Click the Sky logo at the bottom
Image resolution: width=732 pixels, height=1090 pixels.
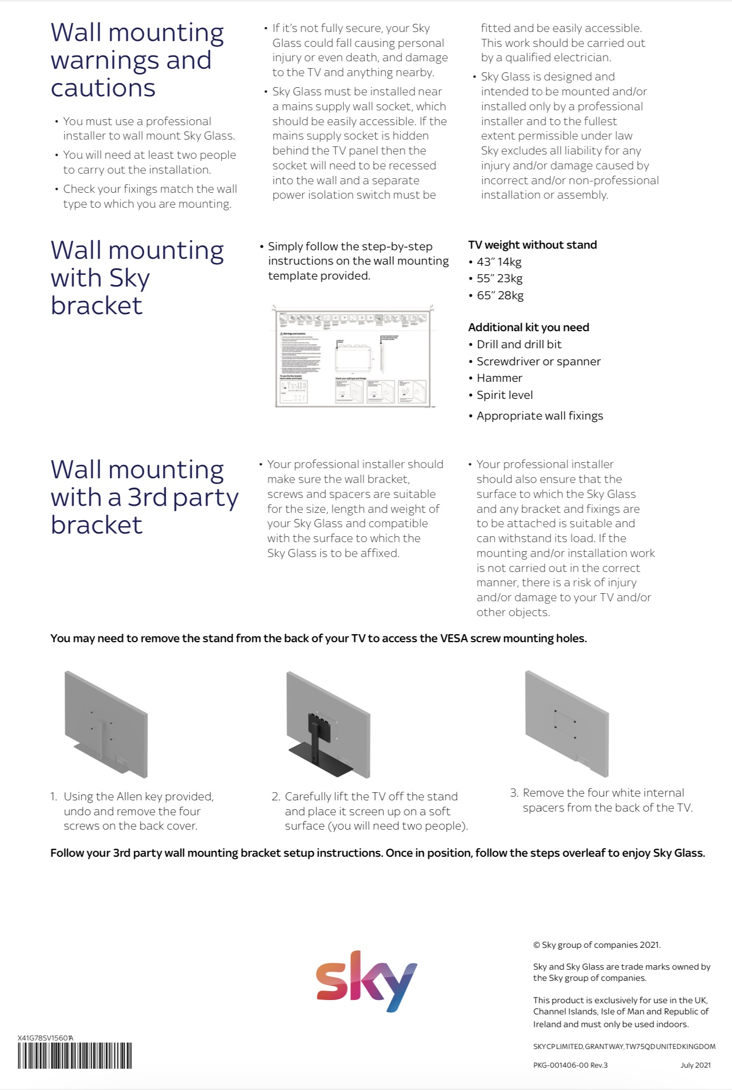pyautogui.click(x=366, y=981)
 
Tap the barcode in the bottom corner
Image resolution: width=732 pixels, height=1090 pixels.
pyautogui.click(x=75, y=1055)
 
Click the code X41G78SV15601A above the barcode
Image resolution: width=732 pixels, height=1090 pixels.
pyautogui.click(x=45, y=1038)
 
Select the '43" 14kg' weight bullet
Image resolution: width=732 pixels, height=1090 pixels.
pyautogui.click(x=499, y=262)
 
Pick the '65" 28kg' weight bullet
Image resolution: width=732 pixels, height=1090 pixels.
pyautogui.click(x=500, y=296)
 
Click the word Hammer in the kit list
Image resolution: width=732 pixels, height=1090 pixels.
pyautogui.click(x=499, y=378)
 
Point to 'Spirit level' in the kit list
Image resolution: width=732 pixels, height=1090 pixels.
pyautogui.click(x=505, y=395)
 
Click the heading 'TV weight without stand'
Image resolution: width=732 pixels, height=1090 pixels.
pyautogui.click(x=532, y=245)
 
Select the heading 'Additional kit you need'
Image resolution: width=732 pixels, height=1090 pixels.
pyautogui.click(x=529, y=327)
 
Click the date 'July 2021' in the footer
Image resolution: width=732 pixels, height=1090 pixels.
pyautogui.click(x=695, y=1065)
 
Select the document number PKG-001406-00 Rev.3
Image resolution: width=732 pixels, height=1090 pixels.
pyautogui.click(x=570, y=1065)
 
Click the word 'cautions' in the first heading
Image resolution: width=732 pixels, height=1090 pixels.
pyautogui.click(x=103, y=88)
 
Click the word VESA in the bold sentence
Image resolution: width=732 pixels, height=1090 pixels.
pyautogui.click(x=454, y=638)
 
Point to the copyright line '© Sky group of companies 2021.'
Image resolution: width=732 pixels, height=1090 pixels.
pyautogui.click(x=597, y=945)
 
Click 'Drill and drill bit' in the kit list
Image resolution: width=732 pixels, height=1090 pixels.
pyautogui.click(x=519, y=345)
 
